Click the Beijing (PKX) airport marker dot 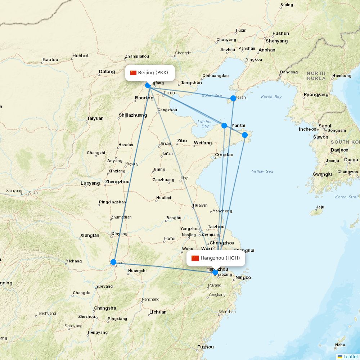point(148,85)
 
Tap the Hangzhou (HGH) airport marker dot point(215,273)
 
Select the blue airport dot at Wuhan point(113,262)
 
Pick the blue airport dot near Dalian point(233,98)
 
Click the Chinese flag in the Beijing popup point(134,73)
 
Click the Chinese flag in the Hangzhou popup point(195,258)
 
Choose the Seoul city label point(325,126)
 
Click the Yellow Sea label point(262,171)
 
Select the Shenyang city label point(277,41)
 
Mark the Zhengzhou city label point(117,182)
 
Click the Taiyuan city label point(95,118)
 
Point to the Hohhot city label point(80,56)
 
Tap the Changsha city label point(105,308)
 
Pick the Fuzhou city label point(205,347)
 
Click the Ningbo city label point(243,278)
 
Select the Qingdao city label point(224,155)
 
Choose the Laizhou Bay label point(205,124)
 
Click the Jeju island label point(320,207)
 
